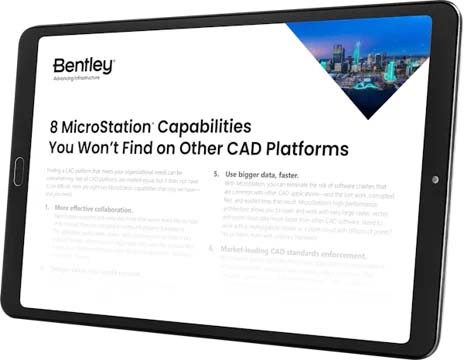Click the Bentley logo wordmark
[x=84, y=64]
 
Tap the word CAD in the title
[x=249, y=150]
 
